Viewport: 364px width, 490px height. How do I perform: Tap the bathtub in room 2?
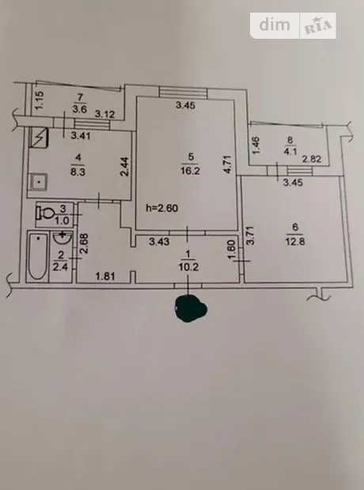pyautogui.click(x=37, y=256)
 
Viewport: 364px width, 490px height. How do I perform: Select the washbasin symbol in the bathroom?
pyautogui.click(x=63, y=237)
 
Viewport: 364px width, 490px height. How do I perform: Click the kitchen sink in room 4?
pyautogui.click(x=39, y=182)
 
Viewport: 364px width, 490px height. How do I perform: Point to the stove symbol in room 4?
pyautogui.click(x=38, y=137)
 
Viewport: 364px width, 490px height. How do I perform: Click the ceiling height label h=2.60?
pyautogui.click(x=162, y=208)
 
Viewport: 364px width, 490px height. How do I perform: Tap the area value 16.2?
pyautogui.click(x=190, y=171)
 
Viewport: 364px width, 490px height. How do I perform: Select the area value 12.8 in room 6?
pyautogui.click(x=295, y=242)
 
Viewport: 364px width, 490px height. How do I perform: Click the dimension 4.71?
pyautogui.click(x=228, y=164)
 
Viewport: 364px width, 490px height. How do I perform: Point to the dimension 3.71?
pyautogui.click(x=250, y=236)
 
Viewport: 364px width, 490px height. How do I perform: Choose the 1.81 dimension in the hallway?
pyautogui.click(x=105, y=277)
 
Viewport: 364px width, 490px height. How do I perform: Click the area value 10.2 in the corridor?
pyautogui.click(x=189, y=267)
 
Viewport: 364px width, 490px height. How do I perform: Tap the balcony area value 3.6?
pyautogui.click(x=79, y=110)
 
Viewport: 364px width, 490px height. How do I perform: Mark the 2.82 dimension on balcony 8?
pyautogui.click(x=312, y=159)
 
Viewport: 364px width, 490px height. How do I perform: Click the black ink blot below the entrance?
pyautogui.click(x=191, y=309)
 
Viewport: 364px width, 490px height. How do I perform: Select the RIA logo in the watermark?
pyautogui.click(x=317, y=25)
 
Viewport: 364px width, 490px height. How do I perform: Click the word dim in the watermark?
pyautogui.click(x=275, y=24)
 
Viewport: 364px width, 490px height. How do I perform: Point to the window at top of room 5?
pyautogui.click(x=183, y=92)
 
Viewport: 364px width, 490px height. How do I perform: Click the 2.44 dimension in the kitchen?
pyautogui.click(x=124, y=167)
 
